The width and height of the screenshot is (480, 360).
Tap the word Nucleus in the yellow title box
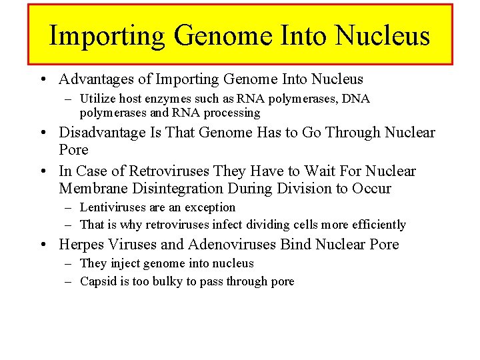(383, 35)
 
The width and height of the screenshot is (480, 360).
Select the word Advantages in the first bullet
(96, 79)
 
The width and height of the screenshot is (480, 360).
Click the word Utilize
(98, 99)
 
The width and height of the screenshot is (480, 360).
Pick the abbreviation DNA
(357, 99)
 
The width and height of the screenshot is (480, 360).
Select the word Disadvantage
(102, 133)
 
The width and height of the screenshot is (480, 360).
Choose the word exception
(210, 207)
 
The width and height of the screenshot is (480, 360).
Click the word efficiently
(375, 225)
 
